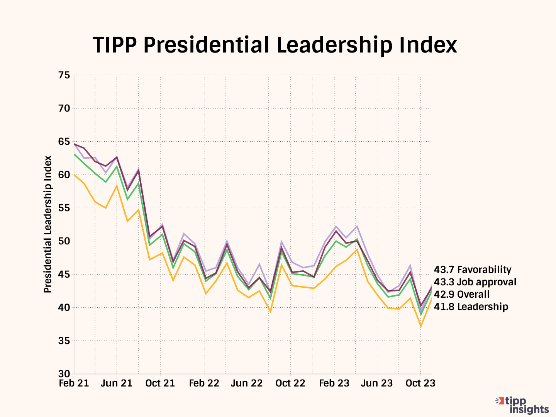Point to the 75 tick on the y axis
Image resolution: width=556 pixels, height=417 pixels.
tap(64, 75)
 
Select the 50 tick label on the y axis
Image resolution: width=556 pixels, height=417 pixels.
tap(64, 241)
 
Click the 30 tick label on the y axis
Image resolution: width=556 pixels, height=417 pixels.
tap(64, 374)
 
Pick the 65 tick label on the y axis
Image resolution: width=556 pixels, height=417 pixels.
tap(64, 142)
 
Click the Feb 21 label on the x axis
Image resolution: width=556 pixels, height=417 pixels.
tap(74, 383)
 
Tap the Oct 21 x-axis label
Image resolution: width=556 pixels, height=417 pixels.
tap(160, 383)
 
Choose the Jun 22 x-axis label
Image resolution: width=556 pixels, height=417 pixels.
tap(247, 383)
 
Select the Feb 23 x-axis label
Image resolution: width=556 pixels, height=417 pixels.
tap(334, 383)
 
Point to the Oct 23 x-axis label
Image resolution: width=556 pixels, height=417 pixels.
tap(420, 383)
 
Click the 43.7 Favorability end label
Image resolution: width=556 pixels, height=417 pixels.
tap(472, 270)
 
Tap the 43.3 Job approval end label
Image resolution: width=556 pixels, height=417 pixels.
tap(475, 282)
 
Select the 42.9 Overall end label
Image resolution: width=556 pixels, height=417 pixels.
tap(461, 295)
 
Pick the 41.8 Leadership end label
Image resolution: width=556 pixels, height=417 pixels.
tap(471, 307)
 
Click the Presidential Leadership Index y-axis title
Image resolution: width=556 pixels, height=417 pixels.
tap(47, 224)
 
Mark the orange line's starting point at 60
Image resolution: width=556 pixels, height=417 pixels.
tap(74, 175)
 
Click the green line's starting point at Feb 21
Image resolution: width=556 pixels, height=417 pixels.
tap(74, 154)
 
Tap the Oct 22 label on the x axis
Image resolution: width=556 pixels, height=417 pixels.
tap(290, 383)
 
